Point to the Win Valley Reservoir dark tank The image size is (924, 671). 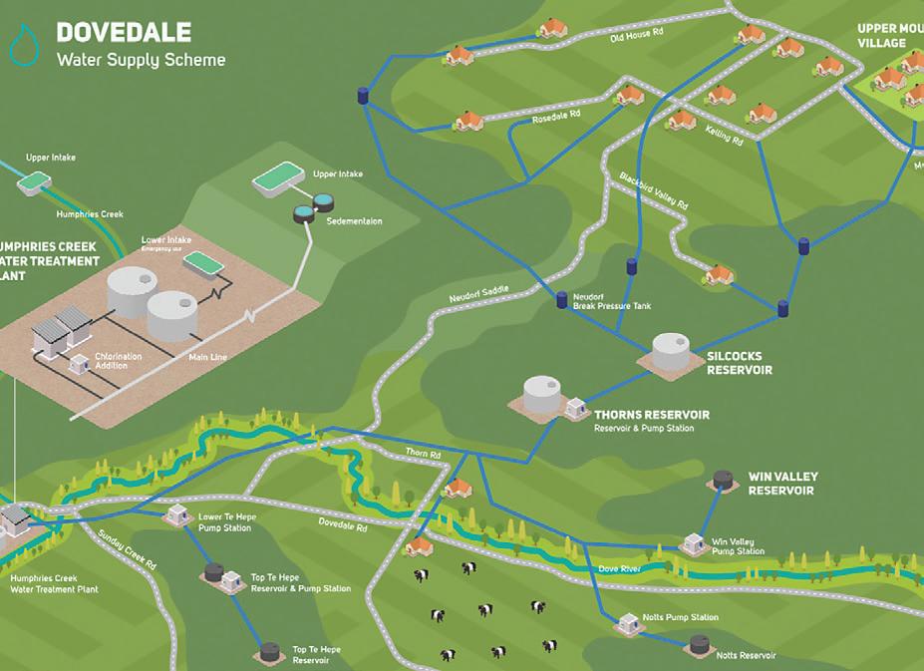724,481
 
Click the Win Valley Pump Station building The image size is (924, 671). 694,543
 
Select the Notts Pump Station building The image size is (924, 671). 627,623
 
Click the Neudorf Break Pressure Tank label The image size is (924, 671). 611,301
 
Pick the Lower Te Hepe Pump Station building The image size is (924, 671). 178,514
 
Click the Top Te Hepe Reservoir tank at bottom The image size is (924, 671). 270,652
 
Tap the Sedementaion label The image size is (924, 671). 354,220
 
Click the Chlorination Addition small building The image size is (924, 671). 79,364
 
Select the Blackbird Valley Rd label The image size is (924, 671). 653,188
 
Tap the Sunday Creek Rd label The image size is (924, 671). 127,549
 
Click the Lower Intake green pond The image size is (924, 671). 206,262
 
